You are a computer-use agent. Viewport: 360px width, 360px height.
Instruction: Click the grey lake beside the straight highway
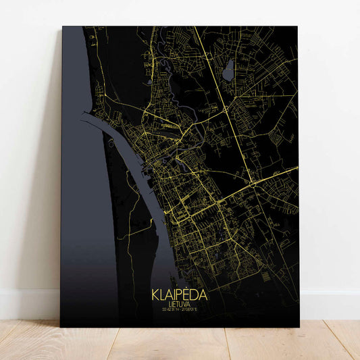click(x=230, y=67)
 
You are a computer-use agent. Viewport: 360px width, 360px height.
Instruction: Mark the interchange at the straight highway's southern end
click(x=253, y=182)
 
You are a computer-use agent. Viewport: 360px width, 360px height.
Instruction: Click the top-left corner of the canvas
click(x=62, y=27)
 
